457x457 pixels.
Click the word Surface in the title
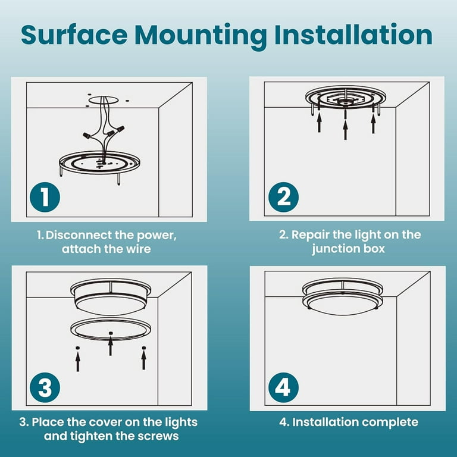(x=74, y=35)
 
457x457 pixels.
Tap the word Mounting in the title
(x=201, y=36)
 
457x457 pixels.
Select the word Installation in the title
(x=353, y=35)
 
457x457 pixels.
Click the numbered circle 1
(x=45, y=198)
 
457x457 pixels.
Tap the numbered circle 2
(x=283, y=198)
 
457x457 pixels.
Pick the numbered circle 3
(x=45, y=387)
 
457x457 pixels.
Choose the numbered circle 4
(x=283, y=387)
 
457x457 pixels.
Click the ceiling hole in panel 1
(x=104, y=100)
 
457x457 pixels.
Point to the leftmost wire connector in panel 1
(x=86, y=136)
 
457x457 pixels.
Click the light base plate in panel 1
(x=99, y=162)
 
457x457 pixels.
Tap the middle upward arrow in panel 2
(x=345, y=130)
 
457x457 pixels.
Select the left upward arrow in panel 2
(x=319, y=123)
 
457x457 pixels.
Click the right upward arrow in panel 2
(x=373, y=123)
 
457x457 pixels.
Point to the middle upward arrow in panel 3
(x=111, y=346)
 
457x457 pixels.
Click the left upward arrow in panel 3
(x=78, y=361)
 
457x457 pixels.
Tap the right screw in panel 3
(x=143, y=348)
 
